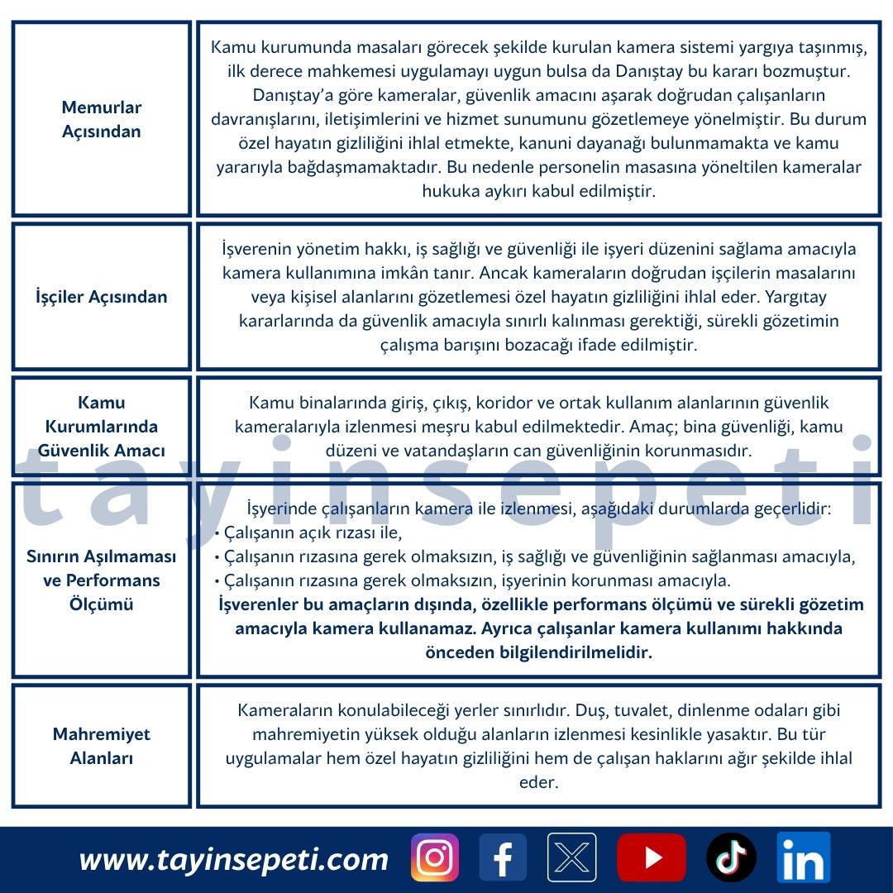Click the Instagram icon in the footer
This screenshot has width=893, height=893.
coord(434,857)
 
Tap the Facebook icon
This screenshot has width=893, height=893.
coord(503,857)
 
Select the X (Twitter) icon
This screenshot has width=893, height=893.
coord(571,857)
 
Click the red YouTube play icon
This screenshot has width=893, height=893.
coord(651,857)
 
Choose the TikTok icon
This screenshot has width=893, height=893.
coord(731,857)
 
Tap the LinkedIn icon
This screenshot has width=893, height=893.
coord(803,857)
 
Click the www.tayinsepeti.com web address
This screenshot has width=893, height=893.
coord(233,860)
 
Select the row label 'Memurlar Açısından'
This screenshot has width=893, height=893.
coord(102,119)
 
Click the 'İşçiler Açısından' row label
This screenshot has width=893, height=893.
coord(102,297)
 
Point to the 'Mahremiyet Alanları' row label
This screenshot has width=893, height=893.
coord(102,746)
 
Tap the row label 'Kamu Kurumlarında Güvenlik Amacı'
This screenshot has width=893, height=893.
coord(102,427)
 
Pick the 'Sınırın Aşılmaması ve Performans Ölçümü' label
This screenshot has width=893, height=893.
coord(102,580)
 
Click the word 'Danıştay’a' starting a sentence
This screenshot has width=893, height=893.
coord(292,95)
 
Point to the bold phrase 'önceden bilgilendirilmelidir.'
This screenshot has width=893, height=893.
coord(538,652)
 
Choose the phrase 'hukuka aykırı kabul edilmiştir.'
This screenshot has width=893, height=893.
coord(538,191)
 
